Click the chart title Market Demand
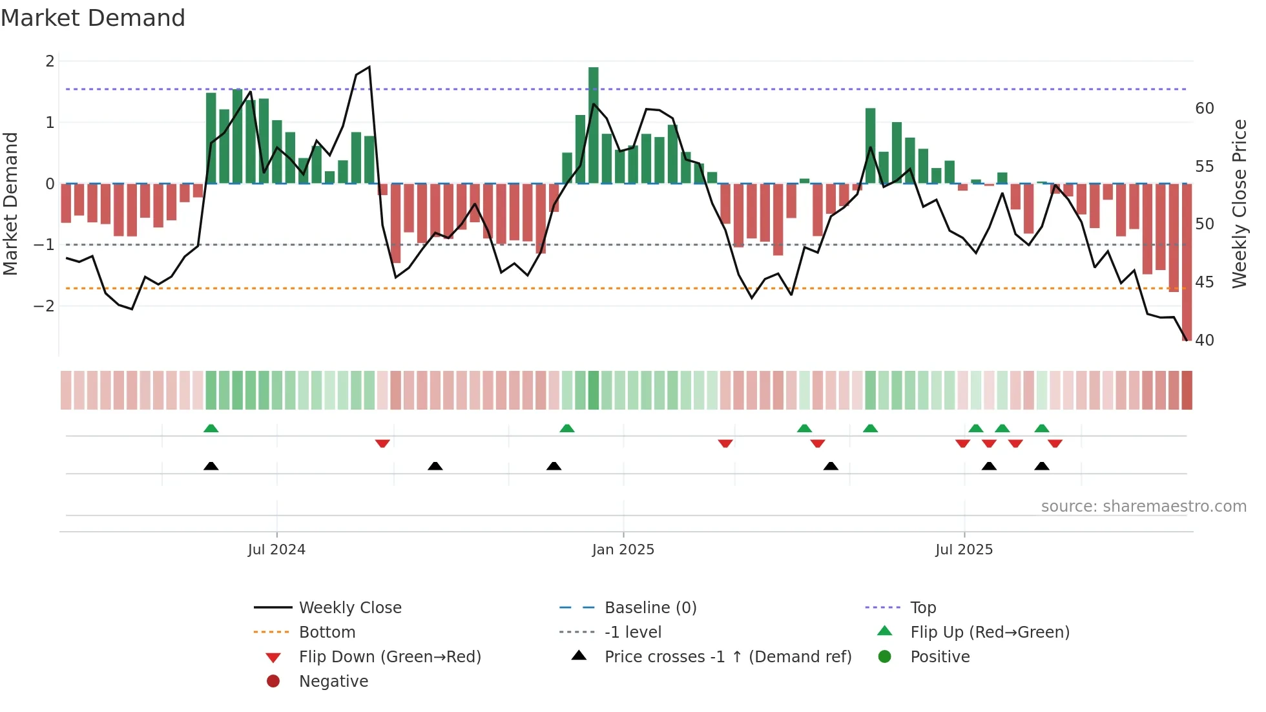click(93, 18)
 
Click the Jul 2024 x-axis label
click(276, 550)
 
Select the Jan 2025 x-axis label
click(623, 550)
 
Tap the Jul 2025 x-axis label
click(964, 550)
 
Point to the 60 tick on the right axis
click(1204, 109)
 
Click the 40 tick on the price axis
click(1204, 340)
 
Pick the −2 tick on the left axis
click(45, 306)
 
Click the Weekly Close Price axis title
click(1239, 204)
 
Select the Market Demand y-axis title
click(11, 204)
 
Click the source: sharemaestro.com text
click(1143, 507)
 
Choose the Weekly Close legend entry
click(349, 608)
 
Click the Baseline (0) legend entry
click(650, 608)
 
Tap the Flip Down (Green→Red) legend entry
click(389, 657)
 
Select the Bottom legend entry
click(327, 633)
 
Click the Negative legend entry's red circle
click(273, 682)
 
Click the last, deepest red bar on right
click(1187, 262)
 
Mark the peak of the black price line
click(369, 67)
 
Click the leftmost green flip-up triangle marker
click(211, 428)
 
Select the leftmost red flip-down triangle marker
click(382, 443)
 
